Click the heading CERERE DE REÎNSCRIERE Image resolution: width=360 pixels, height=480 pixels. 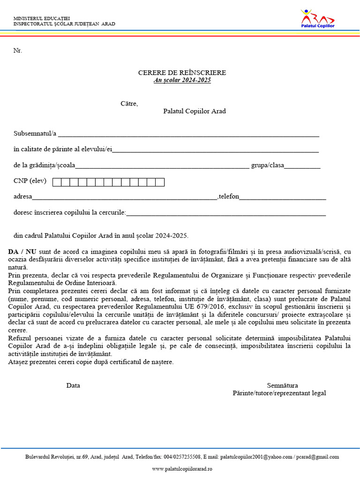tap(182, 73)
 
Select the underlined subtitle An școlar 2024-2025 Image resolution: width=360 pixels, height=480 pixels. tap(182, 80)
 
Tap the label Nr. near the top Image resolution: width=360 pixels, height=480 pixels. tap(18, 51)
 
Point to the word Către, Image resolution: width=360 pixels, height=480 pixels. tap(129, 103)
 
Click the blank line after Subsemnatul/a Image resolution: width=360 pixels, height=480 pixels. tap(188, 135)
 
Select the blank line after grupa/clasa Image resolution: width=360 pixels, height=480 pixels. tap(302, 166)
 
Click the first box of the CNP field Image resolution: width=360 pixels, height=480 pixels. tap(57, 182)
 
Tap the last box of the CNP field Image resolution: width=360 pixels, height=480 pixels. tap(160, 182)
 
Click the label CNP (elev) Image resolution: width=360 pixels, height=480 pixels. tap(30, 181)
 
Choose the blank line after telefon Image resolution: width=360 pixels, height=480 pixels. tap(283, 198)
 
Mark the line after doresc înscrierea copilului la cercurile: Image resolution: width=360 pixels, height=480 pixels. tap(226, 214)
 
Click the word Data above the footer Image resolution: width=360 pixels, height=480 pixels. tap(73, 385)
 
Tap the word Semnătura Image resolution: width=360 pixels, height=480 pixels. tap(282, 385)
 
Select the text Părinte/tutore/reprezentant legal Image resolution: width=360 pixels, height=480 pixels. tap(279, 393)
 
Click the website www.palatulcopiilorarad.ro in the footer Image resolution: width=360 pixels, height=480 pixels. tap(182, 469)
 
